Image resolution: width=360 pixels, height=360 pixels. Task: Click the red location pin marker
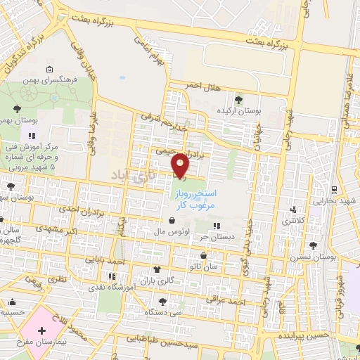click(181, 165)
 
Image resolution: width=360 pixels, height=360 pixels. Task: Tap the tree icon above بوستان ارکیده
click(238, 100)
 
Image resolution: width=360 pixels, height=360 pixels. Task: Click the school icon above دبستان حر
click(217, 226)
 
